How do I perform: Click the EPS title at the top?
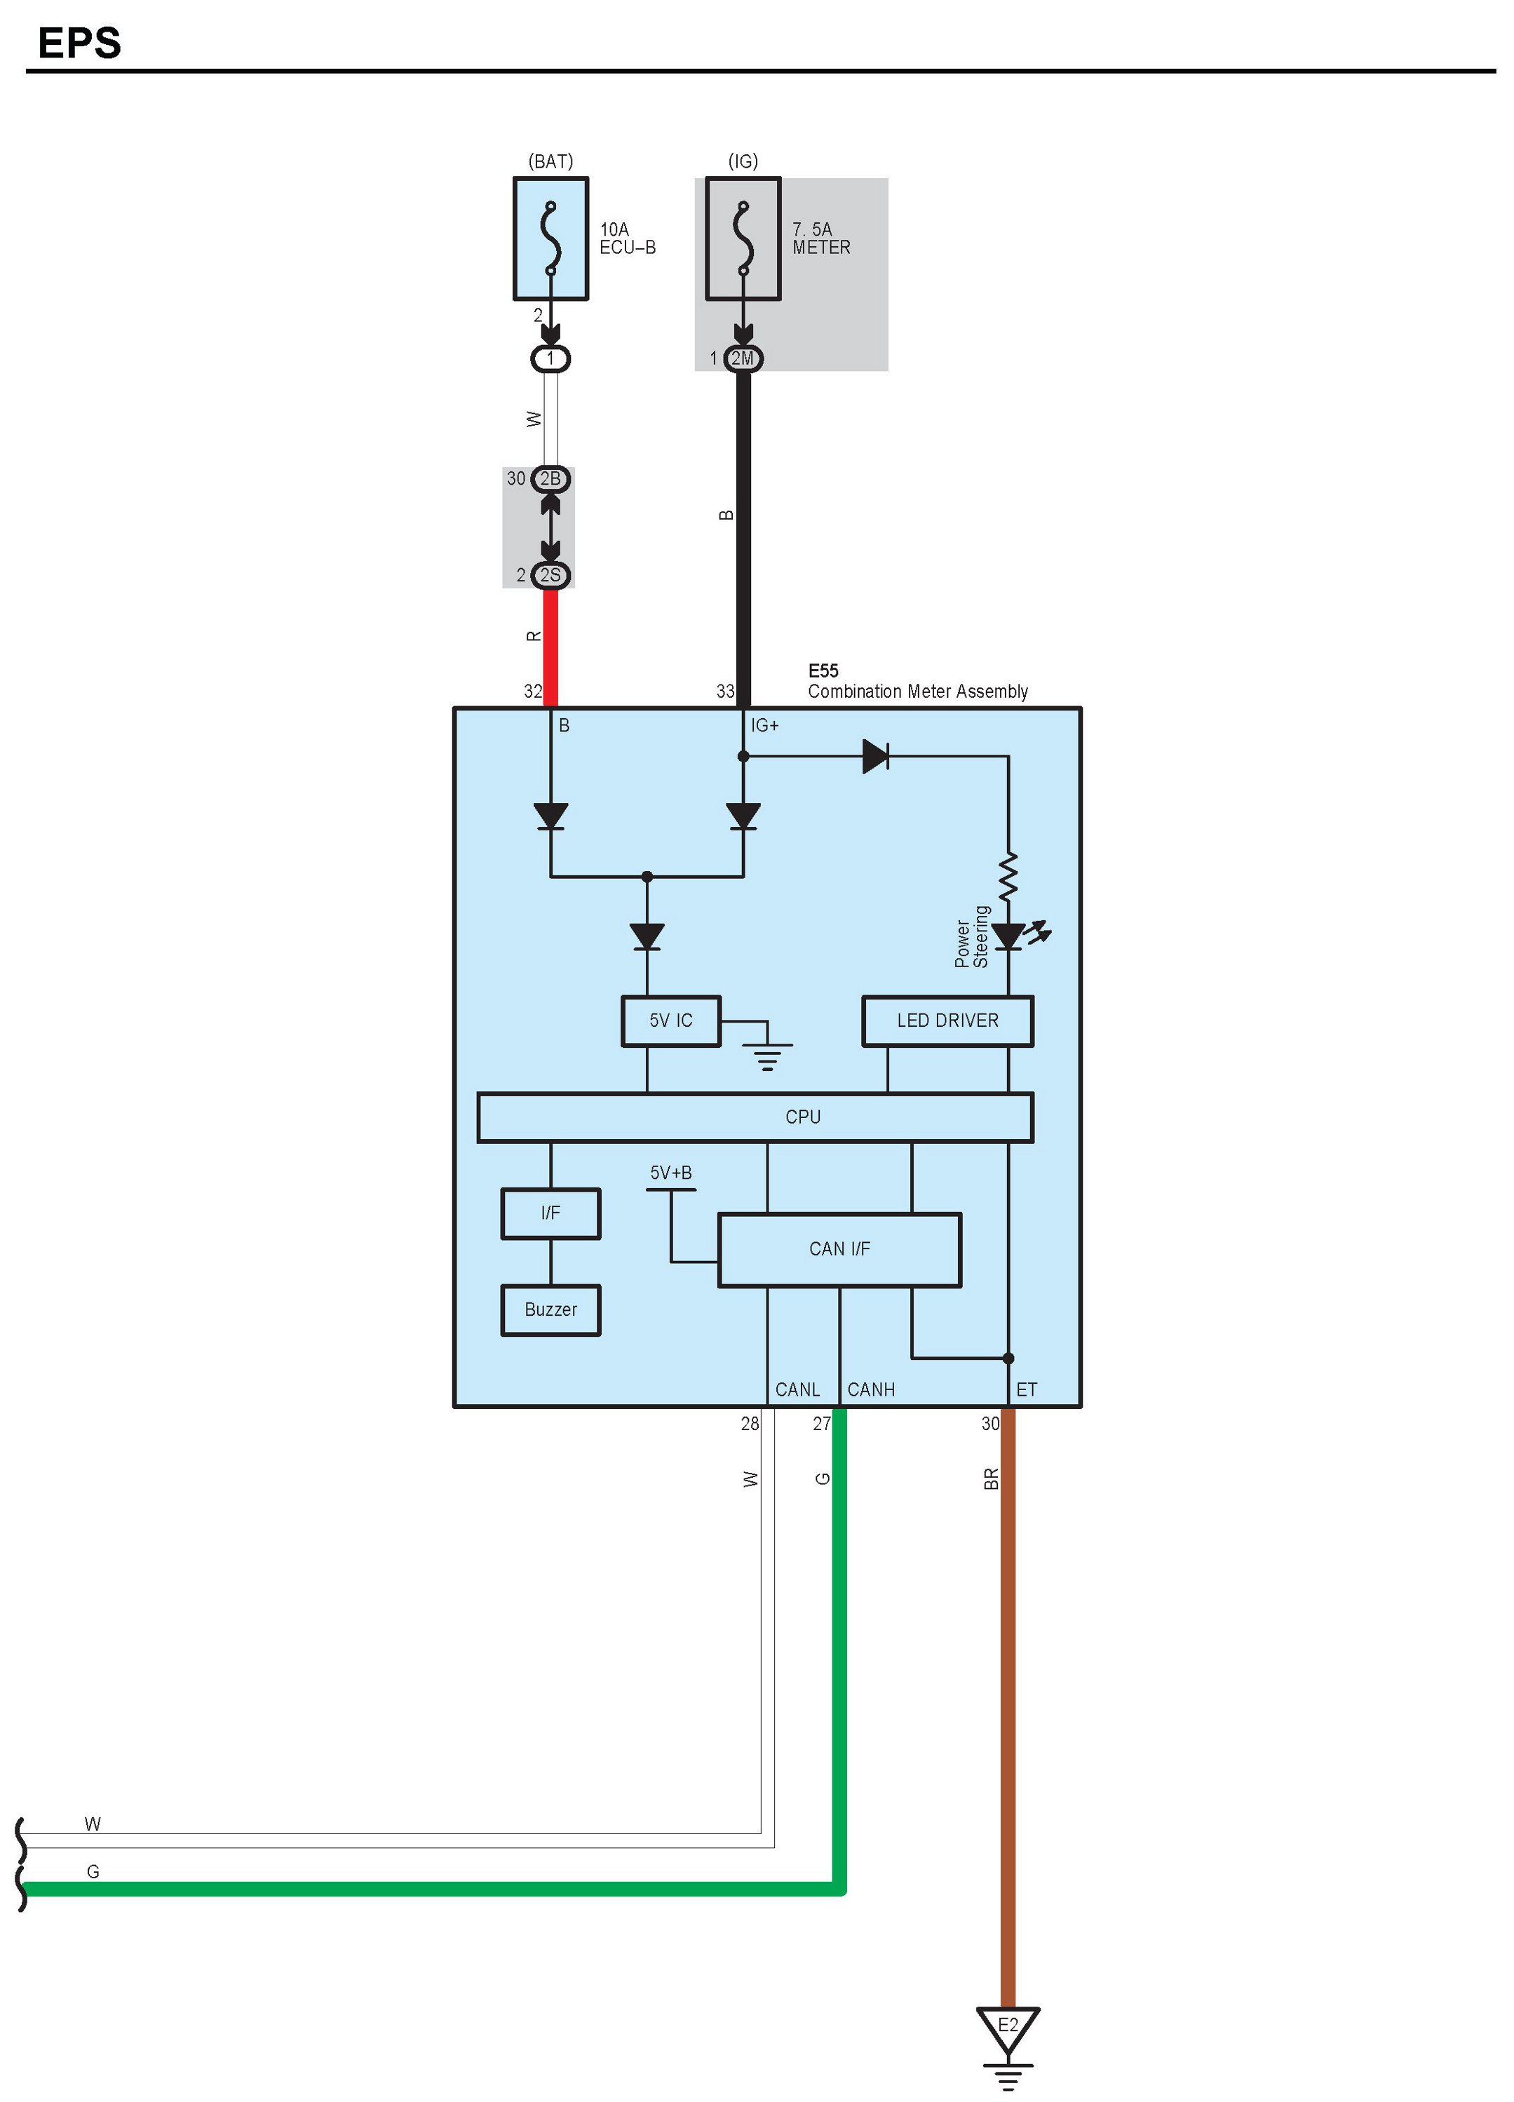(80, 43)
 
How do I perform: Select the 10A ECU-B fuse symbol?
(550, 238)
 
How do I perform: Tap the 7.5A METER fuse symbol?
(743, 238)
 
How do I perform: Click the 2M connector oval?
(743, 358)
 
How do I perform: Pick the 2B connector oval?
(550, 479)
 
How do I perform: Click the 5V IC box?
(671, 1020)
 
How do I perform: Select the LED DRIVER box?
(947, 1020)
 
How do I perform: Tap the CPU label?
(802, 1117)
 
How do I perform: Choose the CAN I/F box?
(839, 1249)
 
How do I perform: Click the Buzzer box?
(550, 1309)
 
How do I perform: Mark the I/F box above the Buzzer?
(550, 1213)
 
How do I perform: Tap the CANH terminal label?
(871, 1390)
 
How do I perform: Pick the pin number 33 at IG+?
(724, 692)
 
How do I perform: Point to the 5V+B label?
(671, 1173)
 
